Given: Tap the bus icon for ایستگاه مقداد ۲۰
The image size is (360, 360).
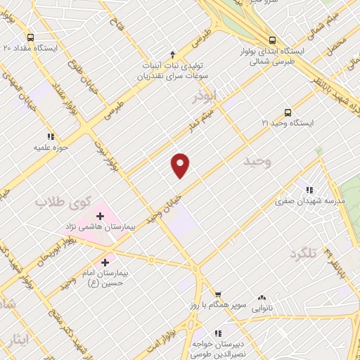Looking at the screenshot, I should tap(30, 37).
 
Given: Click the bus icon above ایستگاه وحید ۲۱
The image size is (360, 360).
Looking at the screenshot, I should tap(288, 112).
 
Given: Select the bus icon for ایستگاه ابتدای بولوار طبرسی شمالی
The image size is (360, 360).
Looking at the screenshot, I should tap(273, 40).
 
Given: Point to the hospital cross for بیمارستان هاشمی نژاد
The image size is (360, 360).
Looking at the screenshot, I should tap(101, 215).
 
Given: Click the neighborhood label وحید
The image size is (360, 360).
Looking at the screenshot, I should tap(257, 162).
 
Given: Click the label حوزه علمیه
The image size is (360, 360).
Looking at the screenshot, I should tap(46, 148).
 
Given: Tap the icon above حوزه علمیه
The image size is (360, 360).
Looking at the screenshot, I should tap(49, 136).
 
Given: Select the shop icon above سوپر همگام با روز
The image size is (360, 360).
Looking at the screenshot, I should tap(218, 294).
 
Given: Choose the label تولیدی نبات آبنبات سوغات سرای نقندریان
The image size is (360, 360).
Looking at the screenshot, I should tap(172, 69).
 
